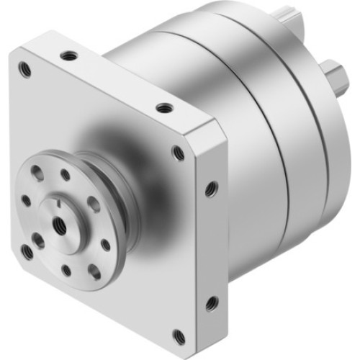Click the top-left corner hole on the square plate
[x=26, y=69]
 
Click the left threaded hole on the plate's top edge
[x=69, y=55]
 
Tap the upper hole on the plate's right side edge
[x=210, y=189]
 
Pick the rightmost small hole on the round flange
[x=106, y=245]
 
